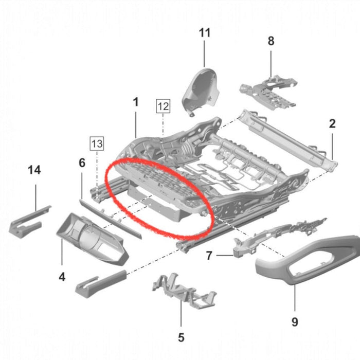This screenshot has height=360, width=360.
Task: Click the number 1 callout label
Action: [x=136, y=102]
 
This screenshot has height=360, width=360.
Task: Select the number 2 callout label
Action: [x=332, y=123]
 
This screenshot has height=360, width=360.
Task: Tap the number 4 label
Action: [x=62, y=277]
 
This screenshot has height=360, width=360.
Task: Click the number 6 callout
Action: [x=82, y=163]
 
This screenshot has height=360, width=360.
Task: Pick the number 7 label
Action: [x=209, y=255]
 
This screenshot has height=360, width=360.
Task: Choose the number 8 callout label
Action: [x=271, y=42]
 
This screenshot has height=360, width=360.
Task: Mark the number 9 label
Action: [x=295, y=322]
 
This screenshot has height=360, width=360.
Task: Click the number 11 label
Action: [x=205, y=33]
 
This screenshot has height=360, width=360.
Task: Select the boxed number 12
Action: [x=163, y=106]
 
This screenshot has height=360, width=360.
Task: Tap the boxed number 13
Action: [x=97, y=143]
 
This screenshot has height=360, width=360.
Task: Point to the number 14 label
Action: [x=34, y=170]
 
